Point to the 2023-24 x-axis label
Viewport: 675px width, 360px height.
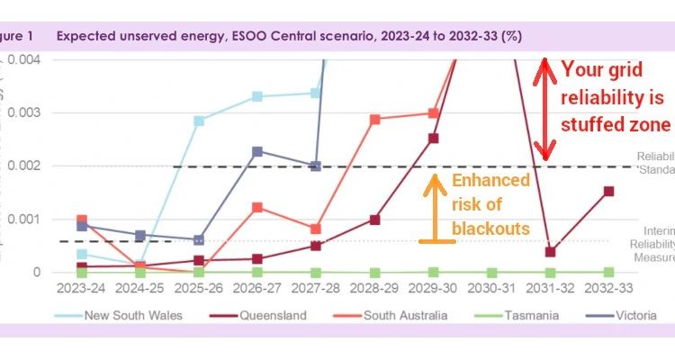point(82,291)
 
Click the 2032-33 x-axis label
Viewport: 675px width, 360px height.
point(608,291)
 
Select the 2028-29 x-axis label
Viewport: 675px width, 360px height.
point(374,291)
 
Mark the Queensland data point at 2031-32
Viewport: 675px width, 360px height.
point(550,252)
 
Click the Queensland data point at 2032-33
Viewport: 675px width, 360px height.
point(609,191)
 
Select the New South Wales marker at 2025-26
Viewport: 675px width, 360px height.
point(199,121)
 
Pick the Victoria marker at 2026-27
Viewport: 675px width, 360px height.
point(257,151)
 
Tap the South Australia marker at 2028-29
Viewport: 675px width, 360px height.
point(374,119)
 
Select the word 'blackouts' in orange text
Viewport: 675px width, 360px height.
point(491,229)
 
